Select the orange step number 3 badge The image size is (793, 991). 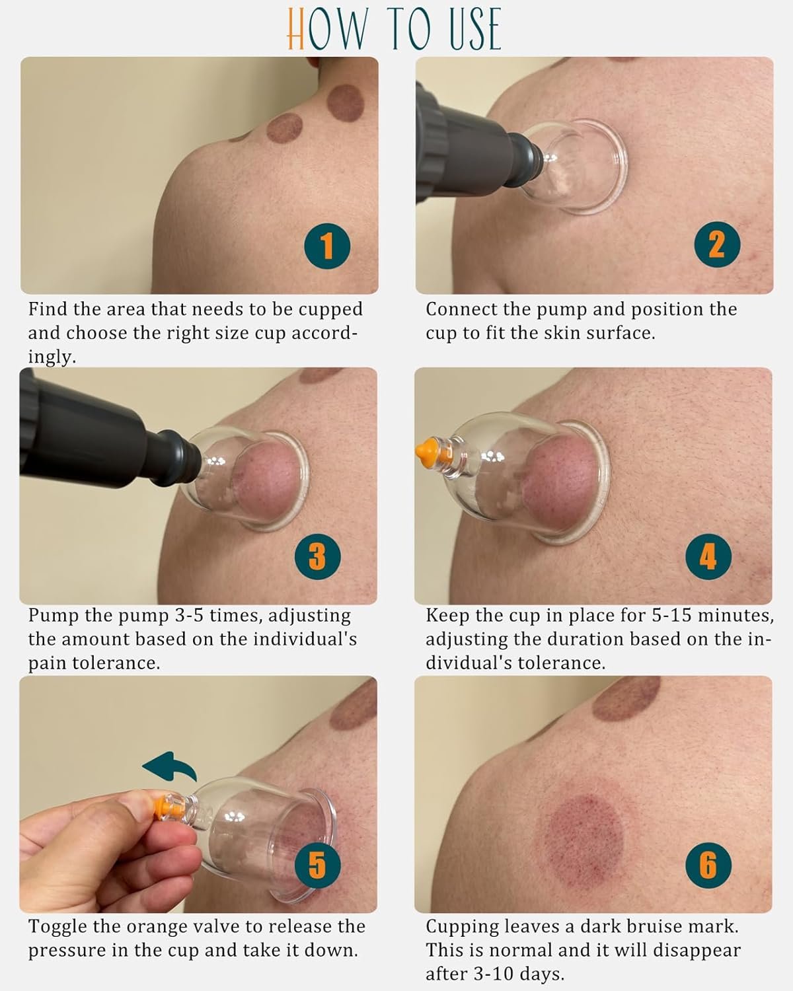[317, 555]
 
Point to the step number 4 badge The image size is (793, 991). [707, 555]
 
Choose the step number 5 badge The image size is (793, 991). [317, 865]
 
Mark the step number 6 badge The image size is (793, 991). [707, 865]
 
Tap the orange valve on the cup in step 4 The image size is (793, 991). [426, 451]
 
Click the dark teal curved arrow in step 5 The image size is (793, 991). [170, 768]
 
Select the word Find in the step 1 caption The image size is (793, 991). [47, 309]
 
